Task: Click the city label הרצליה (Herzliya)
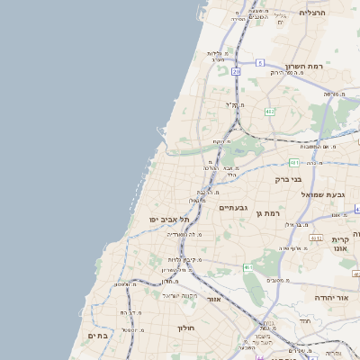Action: [x=317, y=13]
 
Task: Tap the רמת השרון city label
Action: [x=304, y=67]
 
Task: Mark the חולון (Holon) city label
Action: [x=187, y=328]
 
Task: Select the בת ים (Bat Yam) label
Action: [x=97, y=335]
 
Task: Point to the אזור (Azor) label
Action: [x=213, y=298]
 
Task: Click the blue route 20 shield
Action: [x=237, y=70]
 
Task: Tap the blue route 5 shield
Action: [x=259, y=62]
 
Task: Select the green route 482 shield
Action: [x=269, y=112]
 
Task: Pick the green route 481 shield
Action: [x=294, y=162]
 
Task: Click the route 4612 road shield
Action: [x=316, y=238]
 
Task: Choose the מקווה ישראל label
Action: [x=180, y=294]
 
